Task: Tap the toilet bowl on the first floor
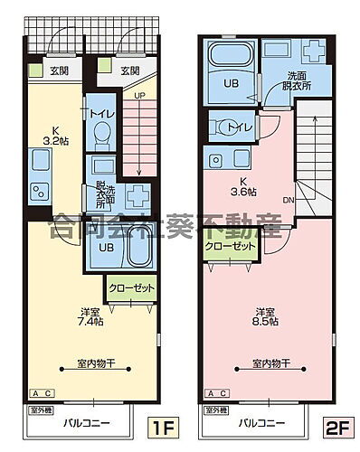[101, 137]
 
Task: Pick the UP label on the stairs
[139, 95]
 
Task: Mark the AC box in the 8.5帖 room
[217, 394]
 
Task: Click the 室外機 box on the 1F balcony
[41, 410]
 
